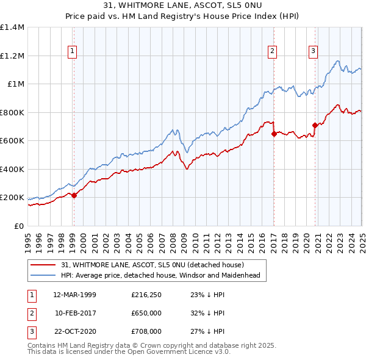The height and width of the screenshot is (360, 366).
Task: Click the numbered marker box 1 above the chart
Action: click(73, 51)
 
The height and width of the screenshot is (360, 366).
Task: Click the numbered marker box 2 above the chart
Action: click(272, 51)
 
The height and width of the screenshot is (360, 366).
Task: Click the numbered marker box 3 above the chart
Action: click(313, 51)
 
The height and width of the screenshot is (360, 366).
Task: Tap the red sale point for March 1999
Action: click(74, 195)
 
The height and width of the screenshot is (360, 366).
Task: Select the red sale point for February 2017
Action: click(273, 134)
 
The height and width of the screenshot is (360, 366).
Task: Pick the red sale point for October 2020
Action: click(315, 126)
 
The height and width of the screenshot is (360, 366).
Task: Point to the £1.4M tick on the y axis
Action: click(12, 27)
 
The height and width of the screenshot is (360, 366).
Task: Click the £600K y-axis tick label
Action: click(12, 141)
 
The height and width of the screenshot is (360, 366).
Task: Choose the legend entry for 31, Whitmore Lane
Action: click(152, 265)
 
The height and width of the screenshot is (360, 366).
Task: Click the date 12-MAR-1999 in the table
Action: click(75, 295)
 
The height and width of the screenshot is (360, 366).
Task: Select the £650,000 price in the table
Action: click(146, 313)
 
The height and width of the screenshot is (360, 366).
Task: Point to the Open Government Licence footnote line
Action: click(129, 353)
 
